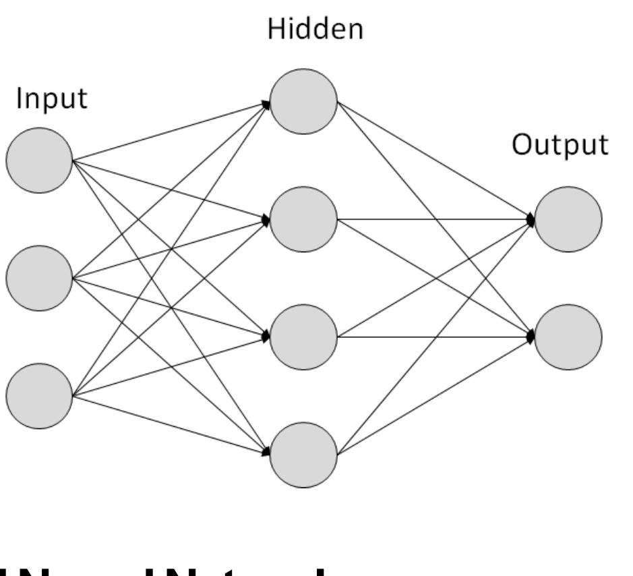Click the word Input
pyautogui.click(x=52, y=99)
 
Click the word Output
pyautogui.click(x=560, y=146)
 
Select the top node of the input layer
pyautogui.click(x=39, y=161)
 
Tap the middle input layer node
pyautogui.click(x=39, y=278)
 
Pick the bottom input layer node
pyautogui.click(x=39, y=396)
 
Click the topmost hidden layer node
pyautogui.click(x=303, y=102)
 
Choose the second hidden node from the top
pyautogui.click(x=303, y=219)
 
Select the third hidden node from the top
pyautogui.click(x=303, y=337)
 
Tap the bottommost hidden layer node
pyautogui.click(x=303, y=454)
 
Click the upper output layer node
pyautogui.click(x=568, y=219)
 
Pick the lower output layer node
pyautogui.click(x=568, y=337)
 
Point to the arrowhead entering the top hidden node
pyautogui.click(x=266, y=105)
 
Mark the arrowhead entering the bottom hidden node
pyautogui.click(x=266, y=450)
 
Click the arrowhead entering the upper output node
pyautogui.click(x=531, y=219)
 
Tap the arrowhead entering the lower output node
pyautogui.click(x=531, y=335)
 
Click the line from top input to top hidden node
pyautogui.click(x=169, y=132)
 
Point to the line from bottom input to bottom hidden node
pyautogui.click(x=169, y=423)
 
